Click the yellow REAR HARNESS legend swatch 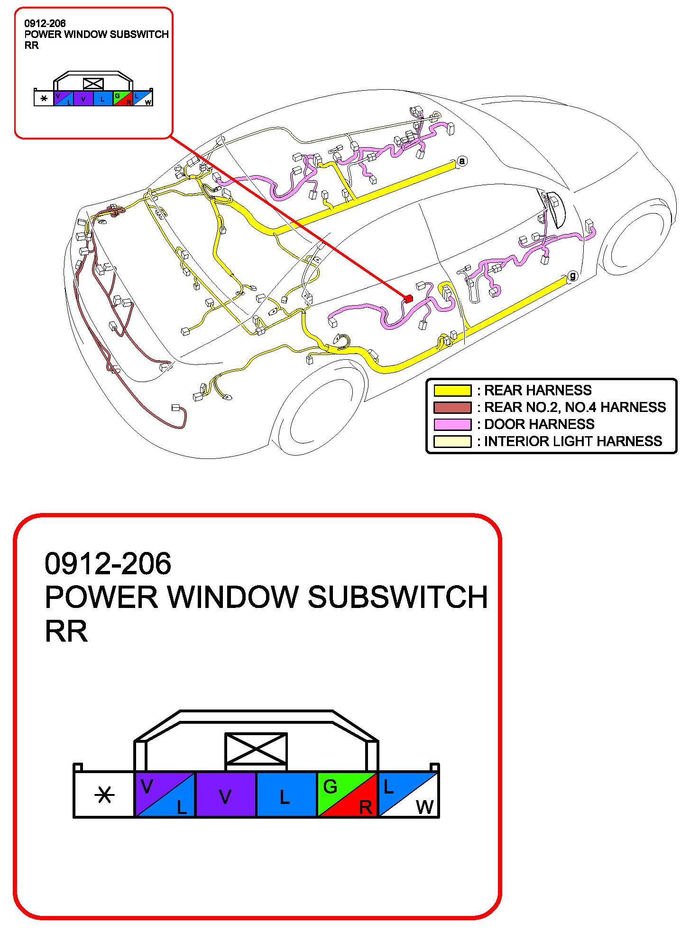[452, 390]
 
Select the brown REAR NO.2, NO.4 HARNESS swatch [452, 407]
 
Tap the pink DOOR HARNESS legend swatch [452, 424]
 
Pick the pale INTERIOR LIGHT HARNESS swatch [452, 441]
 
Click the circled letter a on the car [462, 161]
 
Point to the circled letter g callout [572, 276]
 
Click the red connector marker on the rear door [408, 299]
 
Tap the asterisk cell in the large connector [104, 794]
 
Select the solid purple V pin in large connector [226, 794]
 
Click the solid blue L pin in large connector [286, 794]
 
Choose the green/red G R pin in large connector [347, 794]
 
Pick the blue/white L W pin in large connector [408, 794]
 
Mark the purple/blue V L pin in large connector [165, 794]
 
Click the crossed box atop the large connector [256, 749]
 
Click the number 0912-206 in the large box [108, 563]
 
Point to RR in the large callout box [66, 631]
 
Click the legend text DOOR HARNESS [539, 424]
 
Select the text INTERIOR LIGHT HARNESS [573, 441]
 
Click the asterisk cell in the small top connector [44, 99]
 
